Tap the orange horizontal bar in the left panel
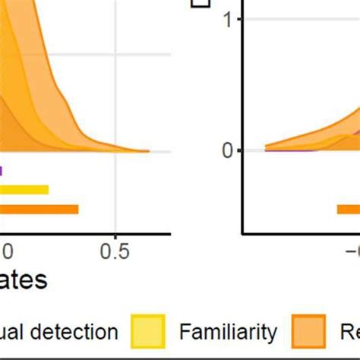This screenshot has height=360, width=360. (39, 210)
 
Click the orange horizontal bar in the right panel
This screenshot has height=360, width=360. (349, 210)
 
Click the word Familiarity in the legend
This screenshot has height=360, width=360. (227, 332)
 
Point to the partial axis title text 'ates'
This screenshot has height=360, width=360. (23, 280)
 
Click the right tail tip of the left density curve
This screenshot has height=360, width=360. (149, 152)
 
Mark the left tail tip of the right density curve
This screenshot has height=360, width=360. (265, 148)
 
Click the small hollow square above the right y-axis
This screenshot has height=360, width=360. (201, 3)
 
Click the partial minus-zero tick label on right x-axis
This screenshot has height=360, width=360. (351, 250)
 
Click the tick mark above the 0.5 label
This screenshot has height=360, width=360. (115, 235)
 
